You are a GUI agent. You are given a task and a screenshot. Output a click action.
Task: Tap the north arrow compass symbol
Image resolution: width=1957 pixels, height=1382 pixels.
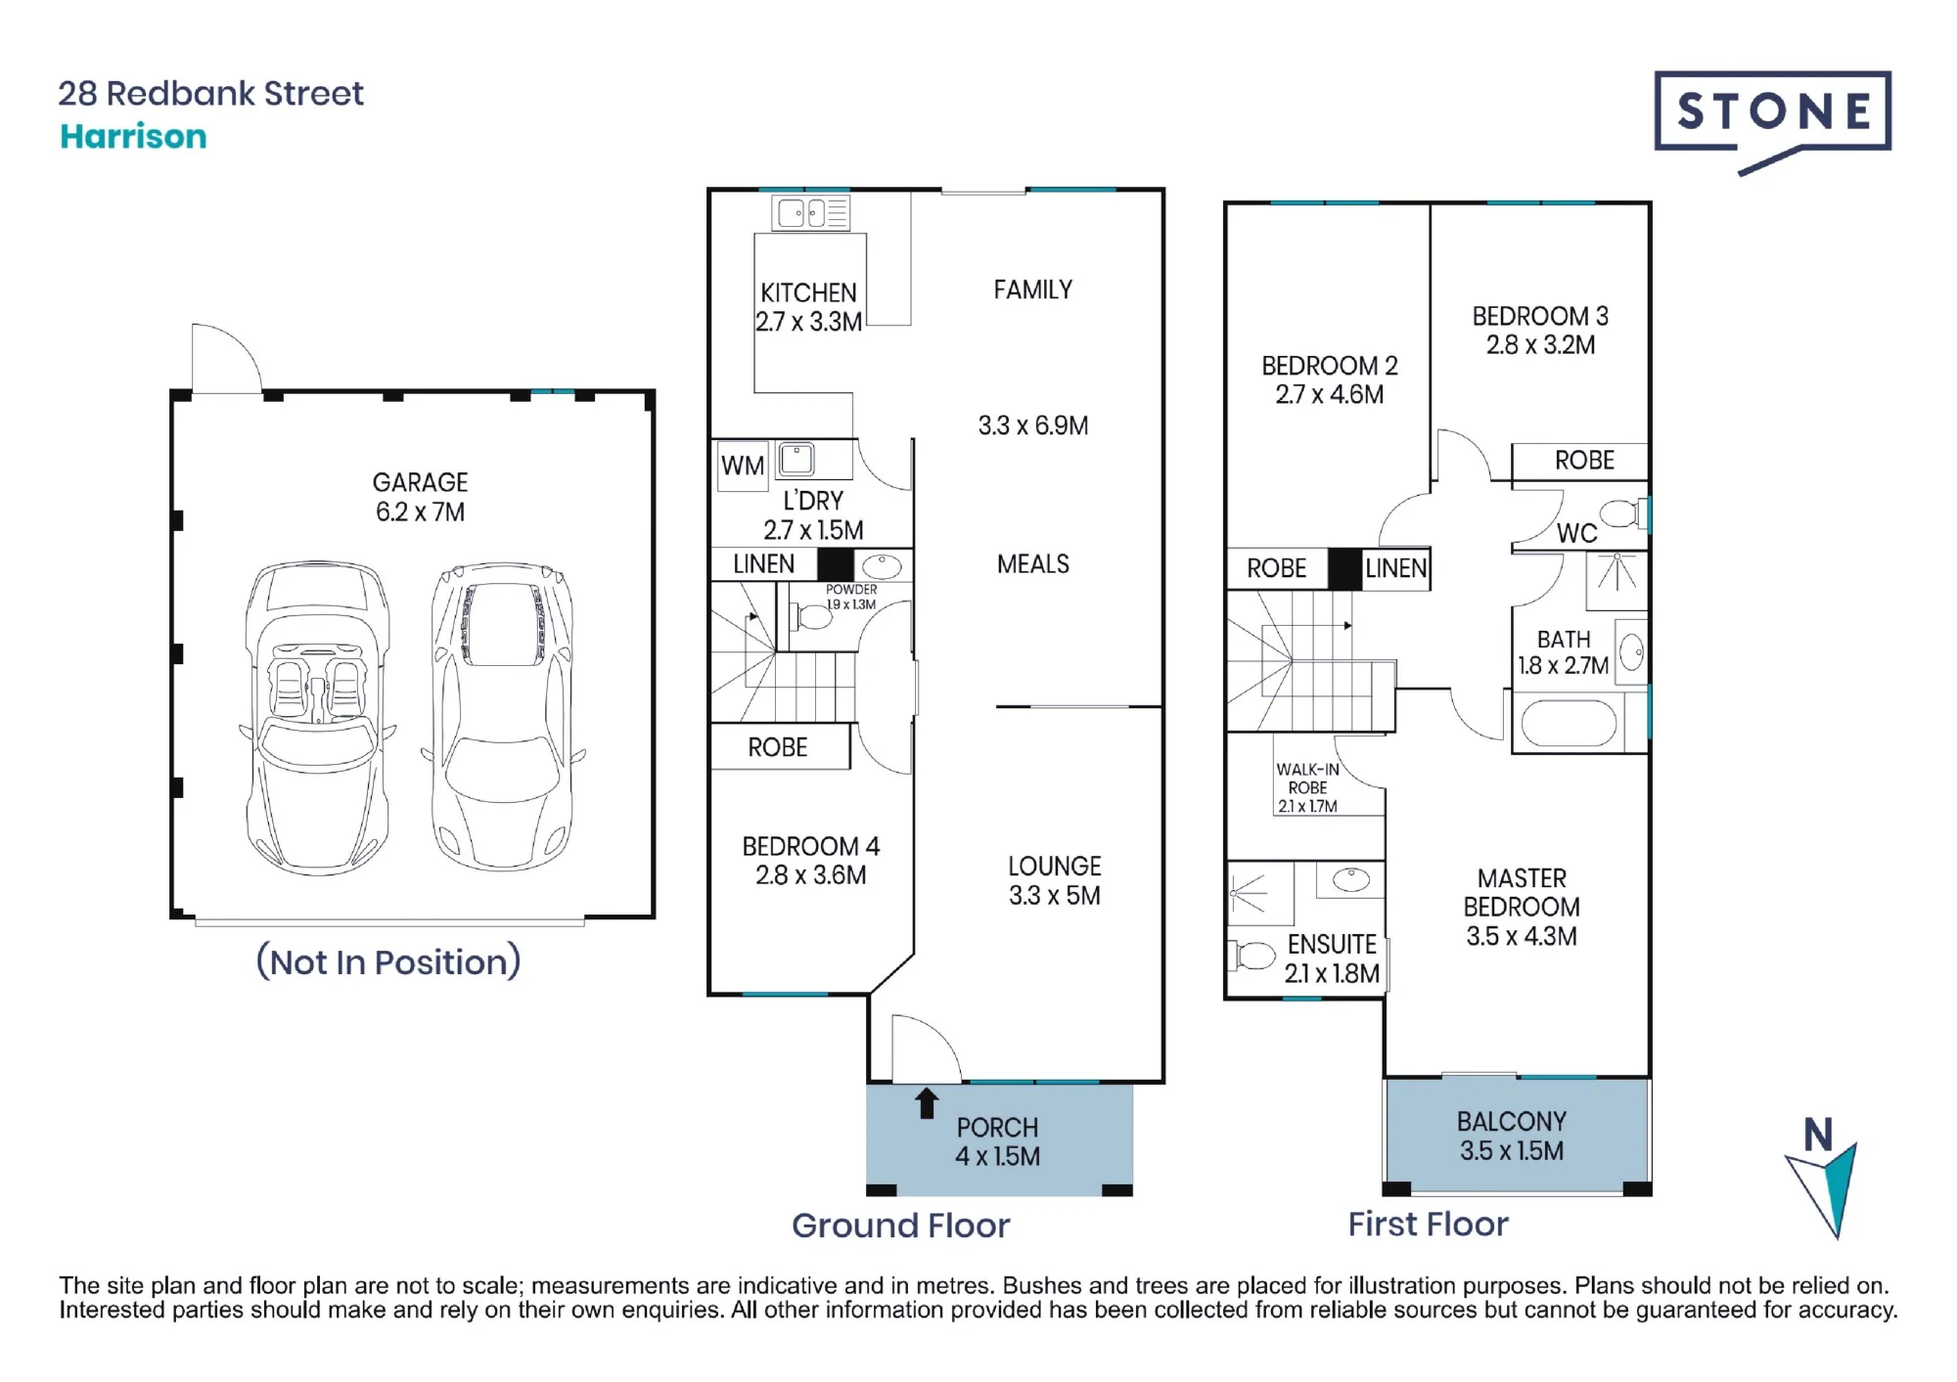[1822, 1178]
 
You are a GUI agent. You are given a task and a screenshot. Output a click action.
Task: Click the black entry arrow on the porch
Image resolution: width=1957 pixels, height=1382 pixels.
[926, 1103]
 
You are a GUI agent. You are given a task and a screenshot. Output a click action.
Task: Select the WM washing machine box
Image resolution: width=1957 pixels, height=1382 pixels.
[743, 466]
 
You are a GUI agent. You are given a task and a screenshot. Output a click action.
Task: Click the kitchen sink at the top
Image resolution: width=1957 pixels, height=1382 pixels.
[811, 212]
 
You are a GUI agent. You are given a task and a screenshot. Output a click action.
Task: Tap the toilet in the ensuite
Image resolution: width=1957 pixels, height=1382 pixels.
[1252, 955]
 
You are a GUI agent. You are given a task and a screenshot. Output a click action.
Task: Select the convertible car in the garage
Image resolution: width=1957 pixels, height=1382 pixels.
[317, 718]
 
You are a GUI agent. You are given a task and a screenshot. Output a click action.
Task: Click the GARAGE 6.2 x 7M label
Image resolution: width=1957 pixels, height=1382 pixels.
[421, 497]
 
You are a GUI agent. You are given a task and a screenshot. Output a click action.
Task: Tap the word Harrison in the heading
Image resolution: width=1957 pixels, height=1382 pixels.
[133, 136]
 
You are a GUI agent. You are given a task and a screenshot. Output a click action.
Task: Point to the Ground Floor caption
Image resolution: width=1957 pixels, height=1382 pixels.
[900, 1226]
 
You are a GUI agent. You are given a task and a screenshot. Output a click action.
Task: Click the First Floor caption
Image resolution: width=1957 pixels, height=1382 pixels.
[1429, 1224]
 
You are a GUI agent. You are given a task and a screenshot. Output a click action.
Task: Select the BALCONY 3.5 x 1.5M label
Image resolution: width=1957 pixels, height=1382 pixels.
[1512, 1137]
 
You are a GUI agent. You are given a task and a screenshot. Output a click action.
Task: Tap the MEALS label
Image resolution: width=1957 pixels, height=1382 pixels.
[1033, 564]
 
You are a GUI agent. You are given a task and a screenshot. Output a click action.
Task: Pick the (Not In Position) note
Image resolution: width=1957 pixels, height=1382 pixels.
[388, 961]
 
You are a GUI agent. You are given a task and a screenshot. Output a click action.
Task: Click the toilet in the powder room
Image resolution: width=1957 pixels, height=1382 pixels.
[812, 617]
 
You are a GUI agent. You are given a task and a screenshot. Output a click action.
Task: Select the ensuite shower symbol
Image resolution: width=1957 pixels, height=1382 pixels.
[1260, 893]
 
